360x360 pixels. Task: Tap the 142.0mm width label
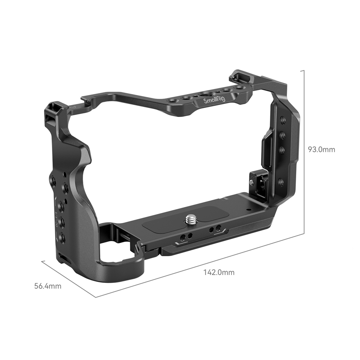219,272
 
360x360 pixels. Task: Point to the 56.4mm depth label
48,286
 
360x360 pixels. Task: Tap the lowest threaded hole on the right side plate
280,181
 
